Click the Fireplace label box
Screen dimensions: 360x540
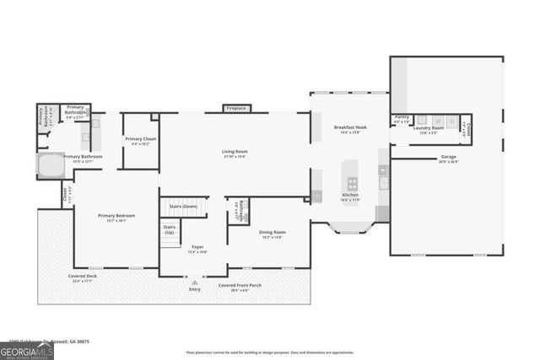235,108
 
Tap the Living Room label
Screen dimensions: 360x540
235,152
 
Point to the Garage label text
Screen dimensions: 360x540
448,157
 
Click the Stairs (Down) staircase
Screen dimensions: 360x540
183,207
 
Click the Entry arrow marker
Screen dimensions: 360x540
195,282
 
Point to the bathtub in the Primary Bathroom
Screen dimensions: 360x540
50,164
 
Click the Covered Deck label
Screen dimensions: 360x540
82,277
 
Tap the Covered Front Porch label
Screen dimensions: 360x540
240,286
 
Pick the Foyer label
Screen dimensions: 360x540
195,248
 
